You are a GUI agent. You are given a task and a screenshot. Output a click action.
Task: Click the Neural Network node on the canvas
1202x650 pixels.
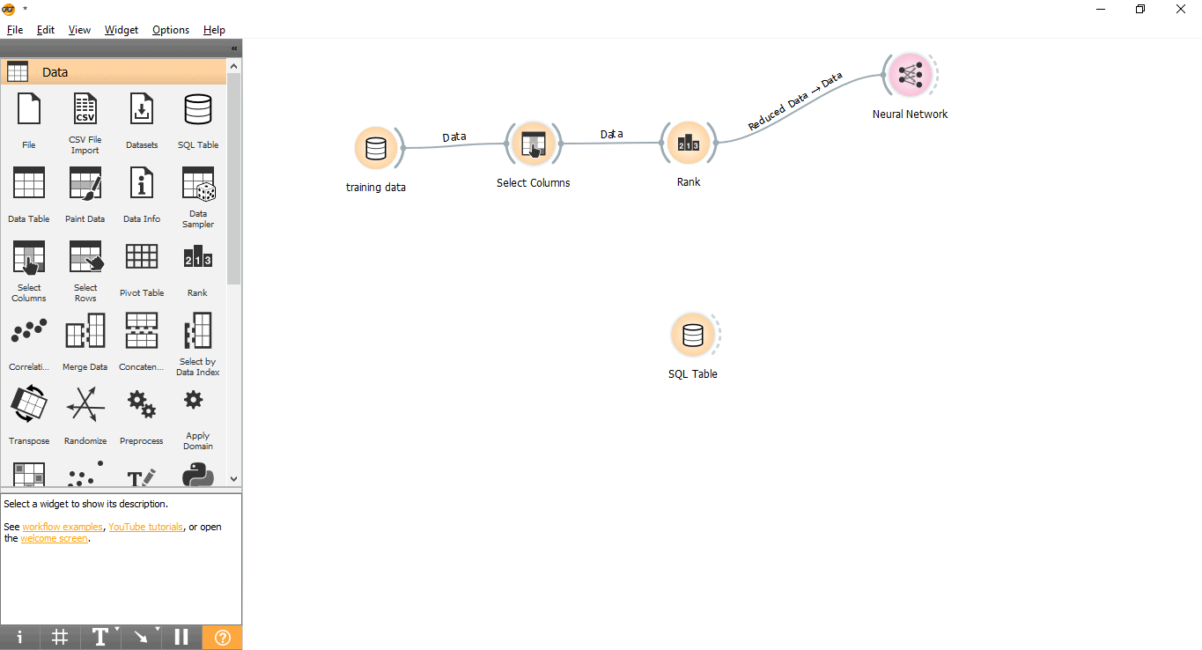point(911,75)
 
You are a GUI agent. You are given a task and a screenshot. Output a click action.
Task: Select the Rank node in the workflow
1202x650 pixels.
point(689,143)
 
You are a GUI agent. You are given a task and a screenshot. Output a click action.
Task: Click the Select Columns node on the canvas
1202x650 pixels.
point(534,144)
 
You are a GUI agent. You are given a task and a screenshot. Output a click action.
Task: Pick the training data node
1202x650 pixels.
point(376,148)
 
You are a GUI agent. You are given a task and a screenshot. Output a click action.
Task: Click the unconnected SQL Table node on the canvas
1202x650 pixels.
point(692,335)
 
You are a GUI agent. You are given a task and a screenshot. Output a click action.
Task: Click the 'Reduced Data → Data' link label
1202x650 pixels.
point(795,101)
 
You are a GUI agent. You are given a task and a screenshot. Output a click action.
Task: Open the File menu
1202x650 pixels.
point(14,30)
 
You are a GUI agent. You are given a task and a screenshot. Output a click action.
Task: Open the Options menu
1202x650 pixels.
point(171,30)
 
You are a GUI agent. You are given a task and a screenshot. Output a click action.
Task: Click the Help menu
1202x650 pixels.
point(214,30)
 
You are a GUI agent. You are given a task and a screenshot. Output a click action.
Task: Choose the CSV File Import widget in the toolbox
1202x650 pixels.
point(85,109)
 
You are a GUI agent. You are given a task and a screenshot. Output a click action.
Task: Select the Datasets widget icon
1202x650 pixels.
point(142,109)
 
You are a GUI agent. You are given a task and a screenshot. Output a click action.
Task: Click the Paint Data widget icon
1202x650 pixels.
point(85,183)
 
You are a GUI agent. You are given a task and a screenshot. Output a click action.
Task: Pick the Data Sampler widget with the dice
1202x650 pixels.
point(198,183)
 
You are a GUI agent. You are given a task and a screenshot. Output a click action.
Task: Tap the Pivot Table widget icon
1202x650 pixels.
point(142,256)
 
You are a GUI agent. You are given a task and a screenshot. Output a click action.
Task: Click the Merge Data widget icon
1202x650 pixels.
point(85,330)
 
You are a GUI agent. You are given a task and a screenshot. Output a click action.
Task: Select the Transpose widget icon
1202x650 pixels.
point(29,403)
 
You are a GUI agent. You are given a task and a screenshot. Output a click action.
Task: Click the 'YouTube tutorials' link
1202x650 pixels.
point(145,527)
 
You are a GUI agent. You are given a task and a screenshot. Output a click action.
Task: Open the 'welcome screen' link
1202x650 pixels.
point(54,538)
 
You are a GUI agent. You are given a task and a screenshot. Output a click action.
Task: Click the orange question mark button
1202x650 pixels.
point(222,637)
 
